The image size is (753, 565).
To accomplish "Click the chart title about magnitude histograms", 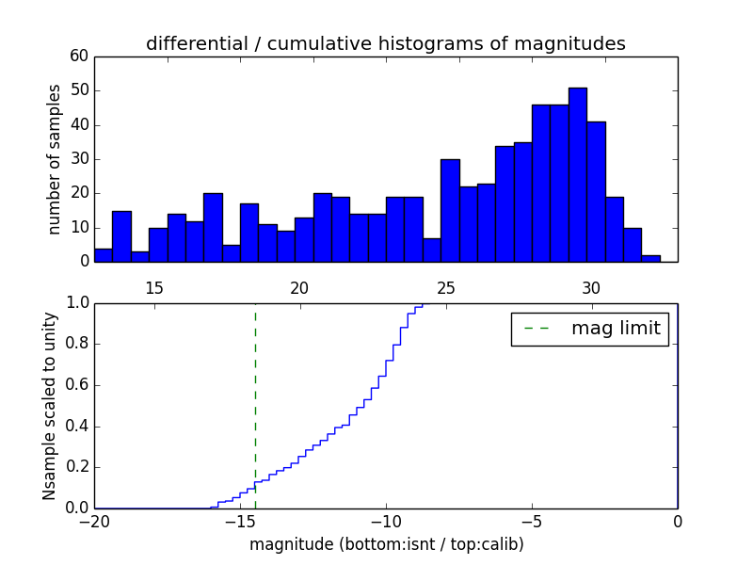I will (385, 43).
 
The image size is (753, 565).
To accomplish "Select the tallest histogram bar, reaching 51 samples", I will (577, 174).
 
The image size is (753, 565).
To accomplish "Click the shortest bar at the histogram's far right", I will (650, 258).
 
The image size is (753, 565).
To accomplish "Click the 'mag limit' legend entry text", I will (616, 329).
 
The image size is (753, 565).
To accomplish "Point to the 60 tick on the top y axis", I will (78, 56).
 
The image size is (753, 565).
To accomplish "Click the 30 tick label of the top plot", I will (590, 288).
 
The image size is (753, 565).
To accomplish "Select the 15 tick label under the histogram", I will (153, 288).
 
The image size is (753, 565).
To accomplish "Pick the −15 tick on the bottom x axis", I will (240, 522).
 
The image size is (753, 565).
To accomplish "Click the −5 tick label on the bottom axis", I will (532, 522).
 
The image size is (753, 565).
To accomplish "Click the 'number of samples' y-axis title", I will (55, 159).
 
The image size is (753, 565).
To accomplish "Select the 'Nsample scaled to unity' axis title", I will (50, 405).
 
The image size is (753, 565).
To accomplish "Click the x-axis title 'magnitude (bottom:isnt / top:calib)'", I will (386, 544).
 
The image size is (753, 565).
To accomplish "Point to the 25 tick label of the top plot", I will (445, 288).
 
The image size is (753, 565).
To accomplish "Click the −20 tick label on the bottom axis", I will (94, 522).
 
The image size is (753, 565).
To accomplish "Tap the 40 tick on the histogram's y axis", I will (78, 125).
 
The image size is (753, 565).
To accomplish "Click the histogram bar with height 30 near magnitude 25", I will (450, 210).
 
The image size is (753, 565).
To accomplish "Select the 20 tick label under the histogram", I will (299, 288).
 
